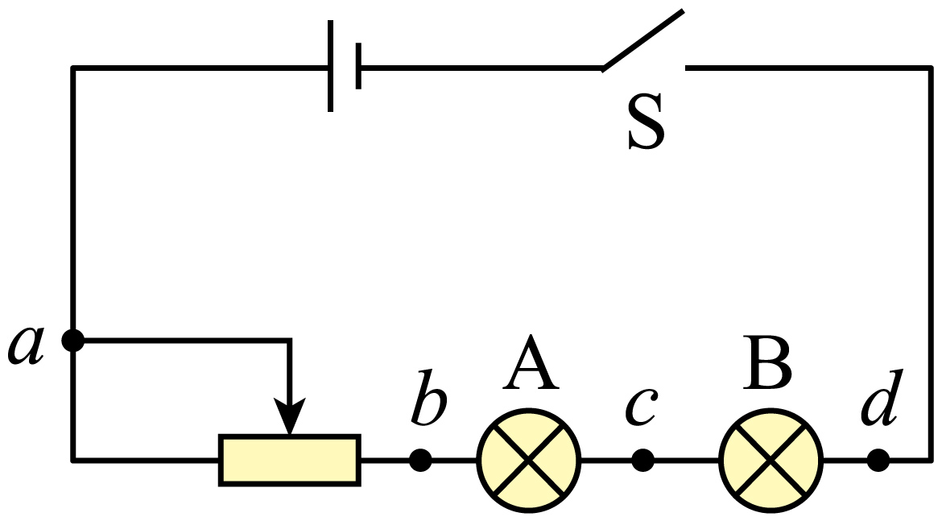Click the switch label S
point(646,122)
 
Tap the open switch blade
point(642,39)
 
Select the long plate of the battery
point(330,66)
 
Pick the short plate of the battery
point(358,66)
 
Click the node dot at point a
point(73,341)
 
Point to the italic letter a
point(27,345)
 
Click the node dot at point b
point(420,461)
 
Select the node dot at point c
point(642,461)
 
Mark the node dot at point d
point(878,461)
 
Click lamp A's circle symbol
point(529,461)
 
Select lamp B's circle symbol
point(771,461)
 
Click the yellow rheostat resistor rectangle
point(290,461)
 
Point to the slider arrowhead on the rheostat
point(290,416)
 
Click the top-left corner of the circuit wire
point(73,68)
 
